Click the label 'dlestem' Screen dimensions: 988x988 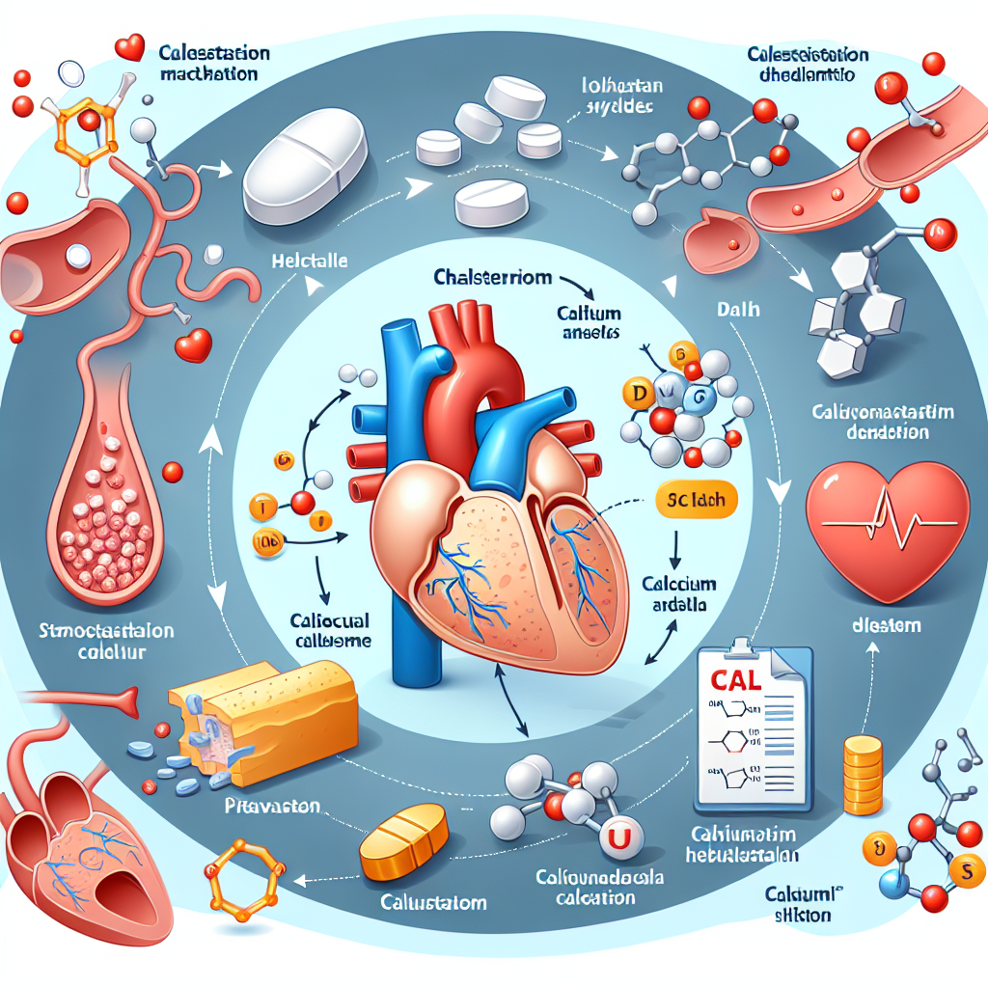[887, 625]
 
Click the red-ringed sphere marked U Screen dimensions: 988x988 [615, 838]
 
